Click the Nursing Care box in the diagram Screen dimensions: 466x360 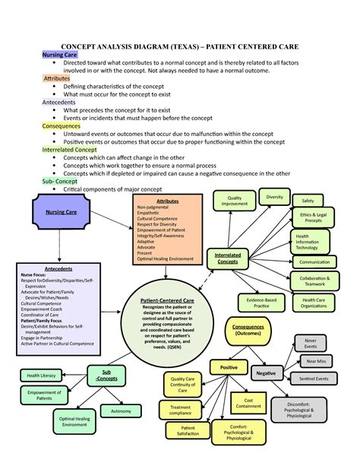62,212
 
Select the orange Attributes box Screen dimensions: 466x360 168,227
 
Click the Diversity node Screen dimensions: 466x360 274,197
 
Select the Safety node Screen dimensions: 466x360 308,201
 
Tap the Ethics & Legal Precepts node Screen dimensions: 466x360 311,220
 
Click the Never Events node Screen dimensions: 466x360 311,343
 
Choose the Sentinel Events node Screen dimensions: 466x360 314,378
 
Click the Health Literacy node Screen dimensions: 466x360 41,376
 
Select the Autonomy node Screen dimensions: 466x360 121,411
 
